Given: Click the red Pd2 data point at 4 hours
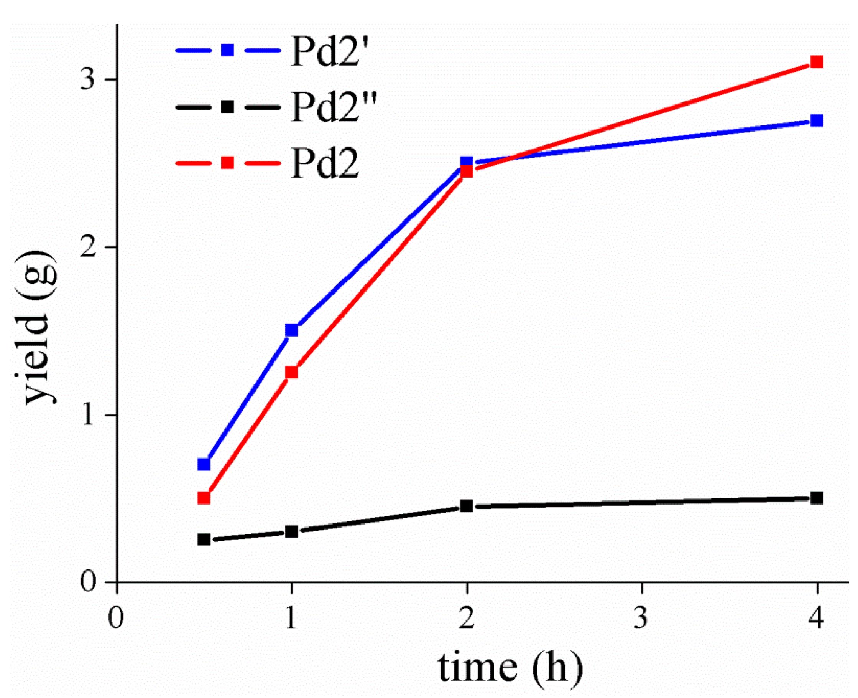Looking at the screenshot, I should coord(817,62).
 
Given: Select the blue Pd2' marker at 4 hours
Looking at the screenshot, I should coord(817,120).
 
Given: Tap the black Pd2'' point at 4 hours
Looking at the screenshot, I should coord(817,498).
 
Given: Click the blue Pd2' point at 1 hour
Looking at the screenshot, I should coord(291,330).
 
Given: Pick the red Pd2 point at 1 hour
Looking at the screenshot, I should coord(291,372).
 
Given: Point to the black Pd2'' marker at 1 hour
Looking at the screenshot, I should coord(291,532).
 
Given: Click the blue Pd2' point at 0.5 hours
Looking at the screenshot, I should coord(204,464).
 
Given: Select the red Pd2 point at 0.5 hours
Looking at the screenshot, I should coord(204,498).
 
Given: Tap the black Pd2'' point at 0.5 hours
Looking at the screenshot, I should coord(204,539).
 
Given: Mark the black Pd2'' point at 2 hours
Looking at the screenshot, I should coord(466,506).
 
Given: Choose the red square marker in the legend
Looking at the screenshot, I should coord(228,163).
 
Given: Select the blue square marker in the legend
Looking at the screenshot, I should coord(228,50).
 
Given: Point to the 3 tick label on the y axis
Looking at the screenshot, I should coord(87,79).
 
